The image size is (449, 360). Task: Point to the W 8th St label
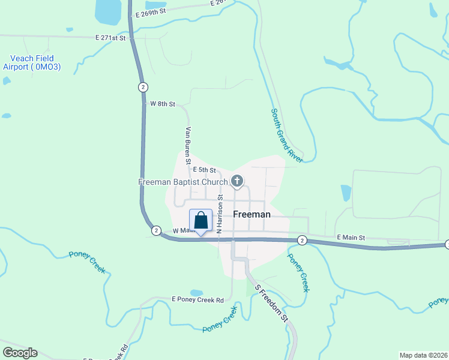162,104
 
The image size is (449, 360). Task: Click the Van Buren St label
188,145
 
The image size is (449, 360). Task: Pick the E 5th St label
204,170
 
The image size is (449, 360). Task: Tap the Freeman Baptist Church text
183,182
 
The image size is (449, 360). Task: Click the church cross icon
237,181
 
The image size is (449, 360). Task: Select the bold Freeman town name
252,214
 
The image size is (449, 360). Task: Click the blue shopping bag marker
201,221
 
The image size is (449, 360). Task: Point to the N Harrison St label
220,213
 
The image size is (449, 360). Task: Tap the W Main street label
184,230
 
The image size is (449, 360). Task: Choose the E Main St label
351,238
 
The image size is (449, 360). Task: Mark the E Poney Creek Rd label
197,299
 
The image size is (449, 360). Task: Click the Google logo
20,353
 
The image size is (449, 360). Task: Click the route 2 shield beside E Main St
301,240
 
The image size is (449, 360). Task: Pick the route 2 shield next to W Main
156,230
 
